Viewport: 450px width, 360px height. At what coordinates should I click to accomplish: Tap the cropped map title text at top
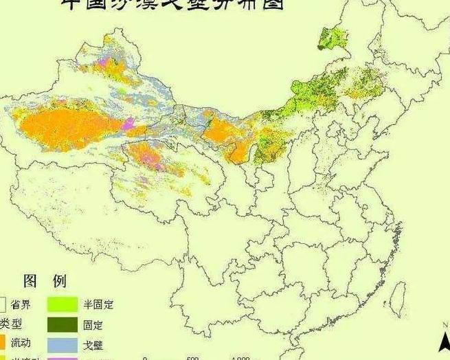coord(172,5)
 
